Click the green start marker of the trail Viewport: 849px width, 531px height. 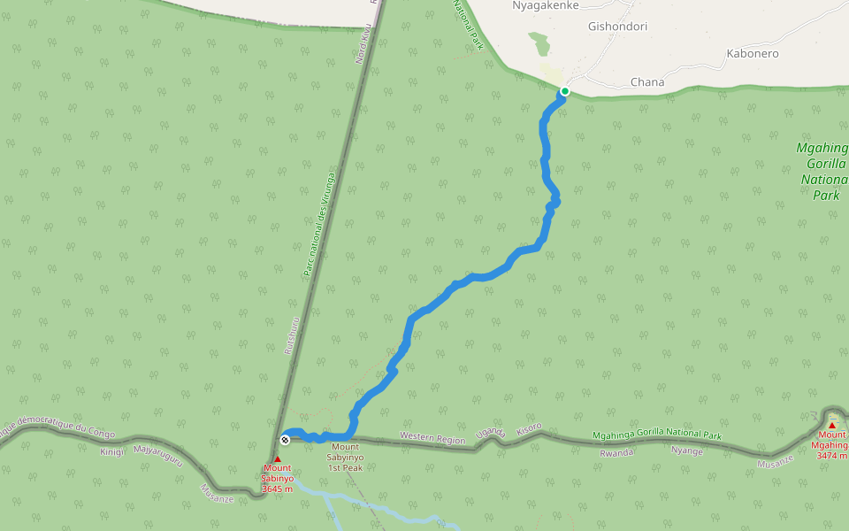[x=564, y=91]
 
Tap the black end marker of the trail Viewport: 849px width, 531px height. [x=285, y=440]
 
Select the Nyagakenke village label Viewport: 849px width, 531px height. [x=546, y=5]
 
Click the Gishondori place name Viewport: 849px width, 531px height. [x=617, y=27]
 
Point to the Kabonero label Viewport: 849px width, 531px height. [x=752, y=54]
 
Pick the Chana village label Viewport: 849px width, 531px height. [x=647, y=82]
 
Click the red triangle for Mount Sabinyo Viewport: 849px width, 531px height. [x=277, y=458]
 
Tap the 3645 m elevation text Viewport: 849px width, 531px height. [x=278, y=489]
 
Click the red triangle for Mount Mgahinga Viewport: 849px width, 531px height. [x=831, y=425]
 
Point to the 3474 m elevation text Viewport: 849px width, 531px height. [x=832, y=456]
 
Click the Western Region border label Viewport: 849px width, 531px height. [x=432, y=437]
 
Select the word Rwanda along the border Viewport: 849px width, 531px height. [x=617, y=451]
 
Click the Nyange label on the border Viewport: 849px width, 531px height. [x=687, y=451]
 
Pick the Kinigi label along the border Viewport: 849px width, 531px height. [x=112, y=451]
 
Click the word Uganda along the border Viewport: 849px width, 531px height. [x=489, y=433]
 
